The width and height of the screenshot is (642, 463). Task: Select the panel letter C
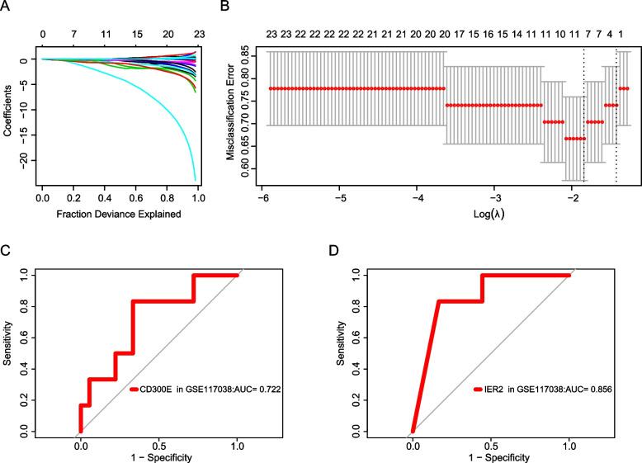[7, 247]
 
